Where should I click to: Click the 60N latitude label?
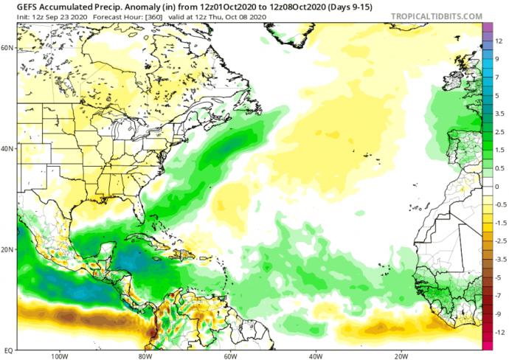8,47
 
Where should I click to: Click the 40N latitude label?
8,148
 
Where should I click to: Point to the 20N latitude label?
8,249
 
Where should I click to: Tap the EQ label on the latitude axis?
7,350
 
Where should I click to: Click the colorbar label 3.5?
499,114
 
